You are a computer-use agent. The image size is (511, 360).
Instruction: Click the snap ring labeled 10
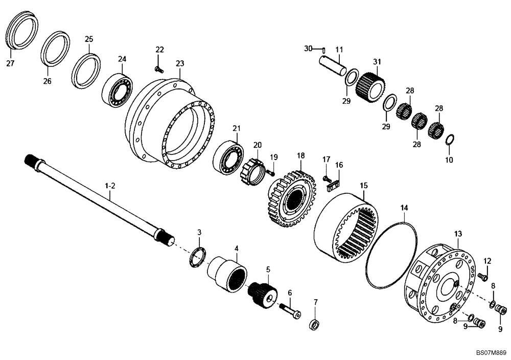(450, 139)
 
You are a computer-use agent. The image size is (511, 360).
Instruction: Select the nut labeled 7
(315, 324)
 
